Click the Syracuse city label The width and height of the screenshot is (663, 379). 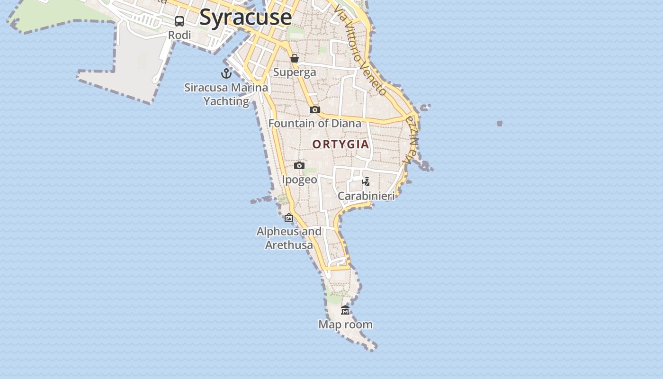[x=245, y=17]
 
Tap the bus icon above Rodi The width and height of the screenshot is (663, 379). [x=179, y=21]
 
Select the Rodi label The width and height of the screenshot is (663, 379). [x=179, y=35]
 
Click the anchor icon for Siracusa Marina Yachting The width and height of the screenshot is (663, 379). [x=226, y=73]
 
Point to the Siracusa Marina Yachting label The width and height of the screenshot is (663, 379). [x=226, y=94]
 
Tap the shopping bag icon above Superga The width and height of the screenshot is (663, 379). [x=295, y=58]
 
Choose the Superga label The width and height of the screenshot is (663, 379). [x=295, y=72]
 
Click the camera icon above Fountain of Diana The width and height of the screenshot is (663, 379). [x=315, y=110]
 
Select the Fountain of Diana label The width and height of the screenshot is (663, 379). [x=315, y=124]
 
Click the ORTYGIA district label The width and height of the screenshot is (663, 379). [x=340, y=144]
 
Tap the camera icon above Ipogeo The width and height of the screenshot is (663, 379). [x=299, y=166]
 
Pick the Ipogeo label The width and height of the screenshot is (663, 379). [x=299, y=180]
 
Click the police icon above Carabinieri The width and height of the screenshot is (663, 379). [x=366, y=181]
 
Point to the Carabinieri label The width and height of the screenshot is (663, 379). [x=366, y=196]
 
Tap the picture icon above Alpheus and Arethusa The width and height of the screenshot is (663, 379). [x=289, y=217]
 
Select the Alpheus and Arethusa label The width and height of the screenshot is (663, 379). [x=289, y=238]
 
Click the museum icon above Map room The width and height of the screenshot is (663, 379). [x=345, y=310]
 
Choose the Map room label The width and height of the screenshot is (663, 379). [x=345, y=325]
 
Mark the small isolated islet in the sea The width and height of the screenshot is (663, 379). [x=500, y=124]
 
